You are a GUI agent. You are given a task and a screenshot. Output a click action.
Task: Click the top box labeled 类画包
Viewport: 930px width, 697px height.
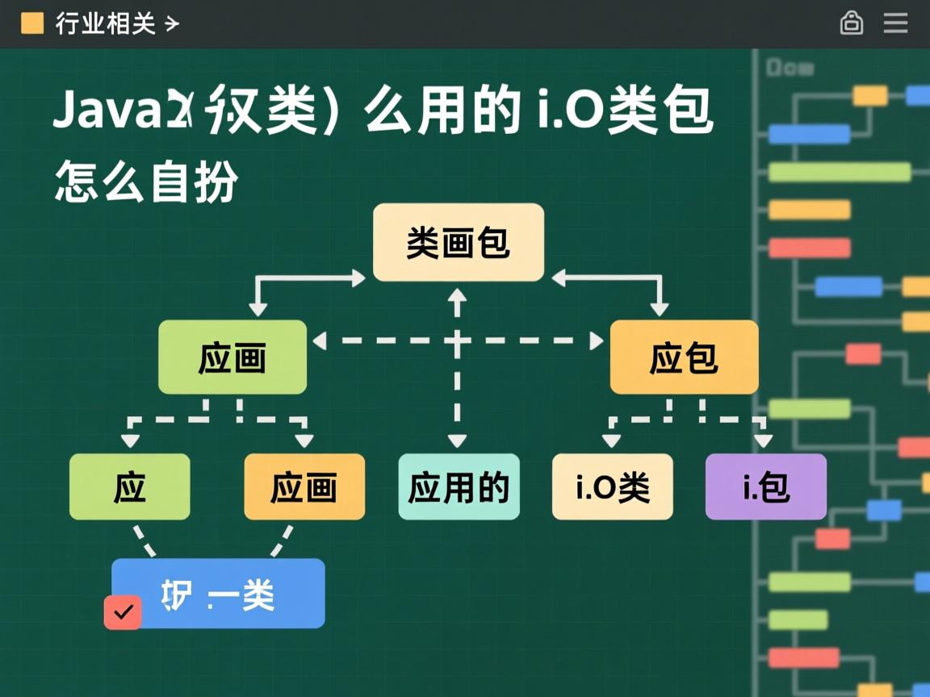point(458,243)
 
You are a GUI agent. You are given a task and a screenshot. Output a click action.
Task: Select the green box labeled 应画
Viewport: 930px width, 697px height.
point(232,357)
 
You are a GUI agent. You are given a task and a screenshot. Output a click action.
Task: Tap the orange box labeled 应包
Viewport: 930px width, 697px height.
point(684,357)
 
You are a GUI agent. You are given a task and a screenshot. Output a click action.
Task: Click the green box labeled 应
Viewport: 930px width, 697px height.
point(130,486)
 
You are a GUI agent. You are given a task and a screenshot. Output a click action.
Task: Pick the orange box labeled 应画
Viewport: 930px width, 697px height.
point(304,486)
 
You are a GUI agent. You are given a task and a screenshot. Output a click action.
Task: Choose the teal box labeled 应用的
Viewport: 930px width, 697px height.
point(459,486)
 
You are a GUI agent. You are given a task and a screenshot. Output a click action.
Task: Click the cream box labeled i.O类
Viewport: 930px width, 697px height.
point(612,486)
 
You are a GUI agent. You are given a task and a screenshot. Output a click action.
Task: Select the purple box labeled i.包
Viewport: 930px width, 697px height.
point(765,486)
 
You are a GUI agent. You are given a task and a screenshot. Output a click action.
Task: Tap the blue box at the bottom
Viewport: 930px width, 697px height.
point(218,594)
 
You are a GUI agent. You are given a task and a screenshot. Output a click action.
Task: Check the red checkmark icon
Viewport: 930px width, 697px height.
point(123,612)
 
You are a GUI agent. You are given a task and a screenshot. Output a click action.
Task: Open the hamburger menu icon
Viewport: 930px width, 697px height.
point(895,23)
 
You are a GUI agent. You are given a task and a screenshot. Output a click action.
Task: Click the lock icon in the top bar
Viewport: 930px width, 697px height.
point(851,23)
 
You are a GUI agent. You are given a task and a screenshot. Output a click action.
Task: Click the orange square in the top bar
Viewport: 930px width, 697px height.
point(32,23)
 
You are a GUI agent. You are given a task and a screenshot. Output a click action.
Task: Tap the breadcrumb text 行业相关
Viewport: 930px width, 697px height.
point(105,23)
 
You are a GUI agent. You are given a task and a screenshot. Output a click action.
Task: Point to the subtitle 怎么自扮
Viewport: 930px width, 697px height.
point(146,182)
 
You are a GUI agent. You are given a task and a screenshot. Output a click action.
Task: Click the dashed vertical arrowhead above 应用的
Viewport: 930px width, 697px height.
point(458,440)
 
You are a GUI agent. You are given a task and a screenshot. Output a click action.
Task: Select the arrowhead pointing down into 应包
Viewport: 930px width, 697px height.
point(660,309)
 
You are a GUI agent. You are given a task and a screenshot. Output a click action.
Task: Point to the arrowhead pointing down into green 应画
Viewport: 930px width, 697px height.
point(258,309)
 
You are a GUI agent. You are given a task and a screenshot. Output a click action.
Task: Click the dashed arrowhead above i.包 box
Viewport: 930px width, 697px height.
point(763,440)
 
